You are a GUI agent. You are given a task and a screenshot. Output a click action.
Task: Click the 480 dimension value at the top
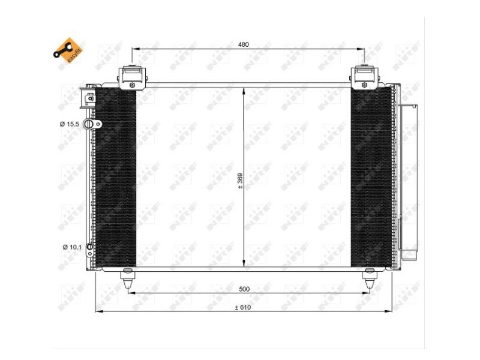coord(243,44)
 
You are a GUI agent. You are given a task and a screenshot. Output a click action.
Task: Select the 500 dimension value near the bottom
coord(244,289)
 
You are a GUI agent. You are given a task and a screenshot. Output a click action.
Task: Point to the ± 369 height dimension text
coord(239,181)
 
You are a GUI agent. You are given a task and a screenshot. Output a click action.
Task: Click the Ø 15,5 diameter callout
coord(70,124)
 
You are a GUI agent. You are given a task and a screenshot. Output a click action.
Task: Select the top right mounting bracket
coord(364,76)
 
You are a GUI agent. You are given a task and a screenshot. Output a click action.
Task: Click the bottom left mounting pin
coord(128,279)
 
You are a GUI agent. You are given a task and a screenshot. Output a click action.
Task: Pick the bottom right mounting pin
coord(370,279)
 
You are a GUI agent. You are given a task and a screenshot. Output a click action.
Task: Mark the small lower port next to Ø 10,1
coord(90,247)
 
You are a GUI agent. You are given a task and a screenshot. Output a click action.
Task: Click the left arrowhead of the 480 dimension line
coord(134,49)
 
